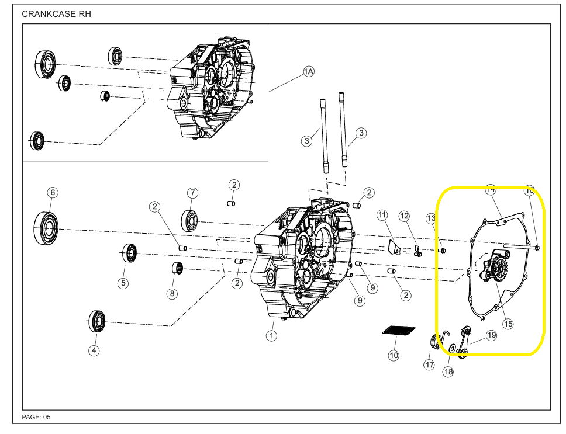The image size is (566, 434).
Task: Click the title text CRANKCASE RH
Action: [x=56, y=13]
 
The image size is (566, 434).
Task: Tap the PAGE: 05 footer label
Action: [x=36, y=417]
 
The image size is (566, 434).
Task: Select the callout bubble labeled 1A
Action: [x=309, y=71]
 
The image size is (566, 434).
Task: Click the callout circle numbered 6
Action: [x=53, y=192]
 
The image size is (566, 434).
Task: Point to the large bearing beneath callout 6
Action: [x=46, y=226]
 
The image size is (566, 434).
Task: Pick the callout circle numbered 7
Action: [x=192, y=192]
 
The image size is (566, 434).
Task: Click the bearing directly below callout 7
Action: [x=190, y=220]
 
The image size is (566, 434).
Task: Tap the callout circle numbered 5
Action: [x=123, y=283]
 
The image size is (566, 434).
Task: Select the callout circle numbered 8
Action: [x=172, y=293]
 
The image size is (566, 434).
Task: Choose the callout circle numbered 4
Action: [x=94, y=350]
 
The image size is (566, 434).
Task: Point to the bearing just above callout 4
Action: [x=96, y=321]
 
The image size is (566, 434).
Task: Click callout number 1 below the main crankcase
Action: [x=271, y=336]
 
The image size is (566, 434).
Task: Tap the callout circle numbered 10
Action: [x=394, y=355]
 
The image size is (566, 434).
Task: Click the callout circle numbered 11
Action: [x=382, y=215]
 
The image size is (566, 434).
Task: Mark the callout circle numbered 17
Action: [x=430, y=365]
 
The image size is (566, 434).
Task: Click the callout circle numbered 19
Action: [x=491, y=335]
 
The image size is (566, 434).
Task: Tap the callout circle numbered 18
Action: [x=448, y=371]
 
